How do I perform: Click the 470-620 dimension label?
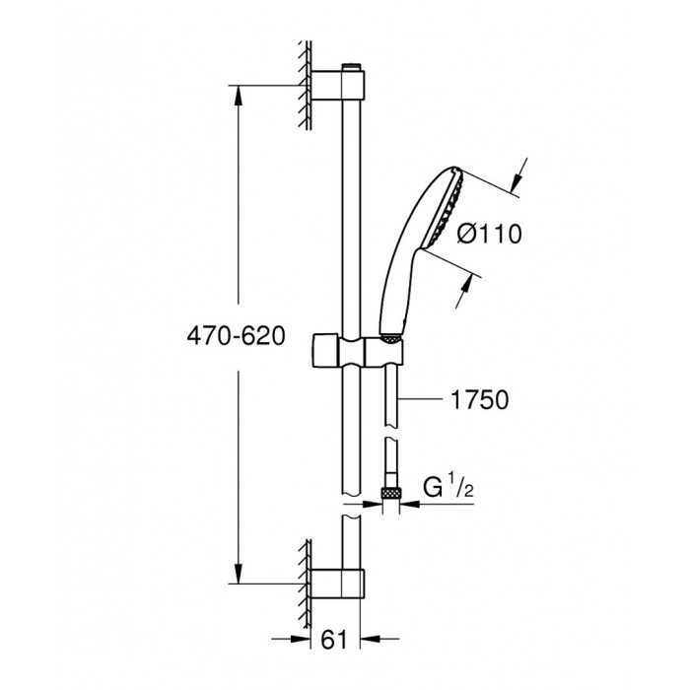pos(237,337)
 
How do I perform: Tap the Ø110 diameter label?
pos(489,234)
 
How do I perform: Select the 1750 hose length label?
pos(480,400)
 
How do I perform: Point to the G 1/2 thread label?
pos(448,488)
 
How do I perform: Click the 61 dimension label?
pos(334,640)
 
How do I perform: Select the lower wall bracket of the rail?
pos(337,584)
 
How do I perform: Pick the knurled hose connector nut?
pos(390,494)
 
